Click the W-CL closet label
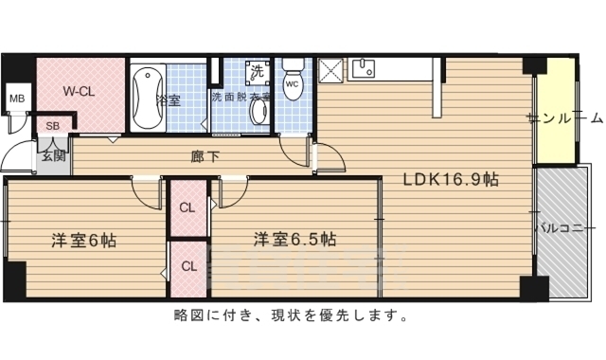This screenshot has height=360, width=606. point(79,92)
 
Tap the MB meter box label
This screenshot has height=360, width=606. point(16,98)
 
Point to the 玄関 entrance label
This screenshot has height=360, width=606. point(52,156)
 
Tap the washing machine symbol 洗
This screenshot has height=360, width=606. point(257,70)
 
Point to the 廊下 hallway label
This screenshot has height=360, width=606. point(205,155)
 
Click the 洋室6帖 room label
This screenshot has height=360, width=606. point(83,240)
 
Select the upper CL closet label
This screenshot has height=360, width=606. point(187,207)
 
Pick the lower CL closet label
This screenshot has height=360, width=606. point(187,266)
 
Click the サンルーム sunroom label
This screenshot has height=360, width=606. point(565,119)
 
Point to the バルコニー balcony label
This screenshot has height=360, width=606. point(564,228)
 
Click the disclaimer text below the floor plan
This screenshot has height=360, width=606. point(292,315)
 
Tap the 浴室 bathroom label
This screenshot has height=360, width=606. point(169,99)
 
